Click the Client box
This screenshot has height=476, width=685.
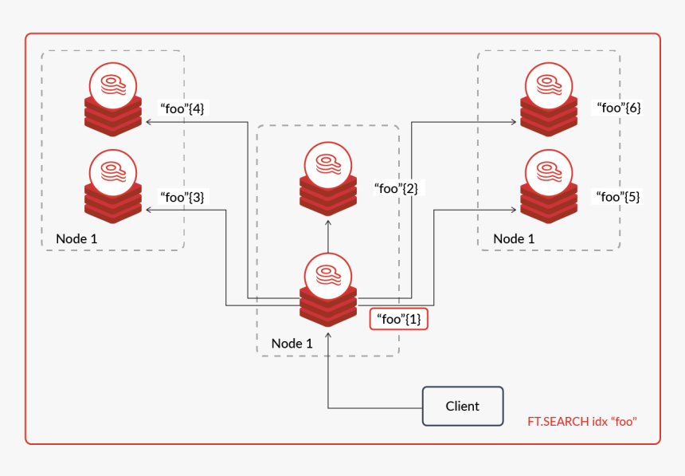[463, 406]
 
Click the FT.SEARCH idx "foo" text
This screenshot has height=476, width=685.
[582, 421]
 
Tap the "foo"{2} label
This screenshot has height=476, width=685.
[396, 188]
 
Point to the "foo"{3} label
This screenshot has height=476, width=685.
[182, 196]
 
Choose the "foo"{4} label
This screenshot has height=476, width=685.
[182, 108]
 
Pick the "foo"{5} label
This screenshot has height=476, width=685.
[619, 196]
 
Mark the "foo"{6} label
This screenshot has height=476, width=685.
[619, 108]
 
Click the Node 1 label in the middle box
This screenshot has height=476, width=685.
[292, 343]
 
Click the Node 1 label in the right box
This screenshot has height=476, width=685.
[514, 238]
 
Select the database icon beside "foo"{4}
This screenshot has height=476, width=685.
[113, 100]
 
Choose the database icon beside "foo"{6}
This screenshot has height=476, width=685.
[549, 100]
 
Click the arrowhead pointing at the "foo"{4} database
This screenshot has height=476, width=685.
[148, 123]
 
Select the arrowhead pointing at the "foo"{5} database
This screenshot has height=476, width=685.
[514, 210]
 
